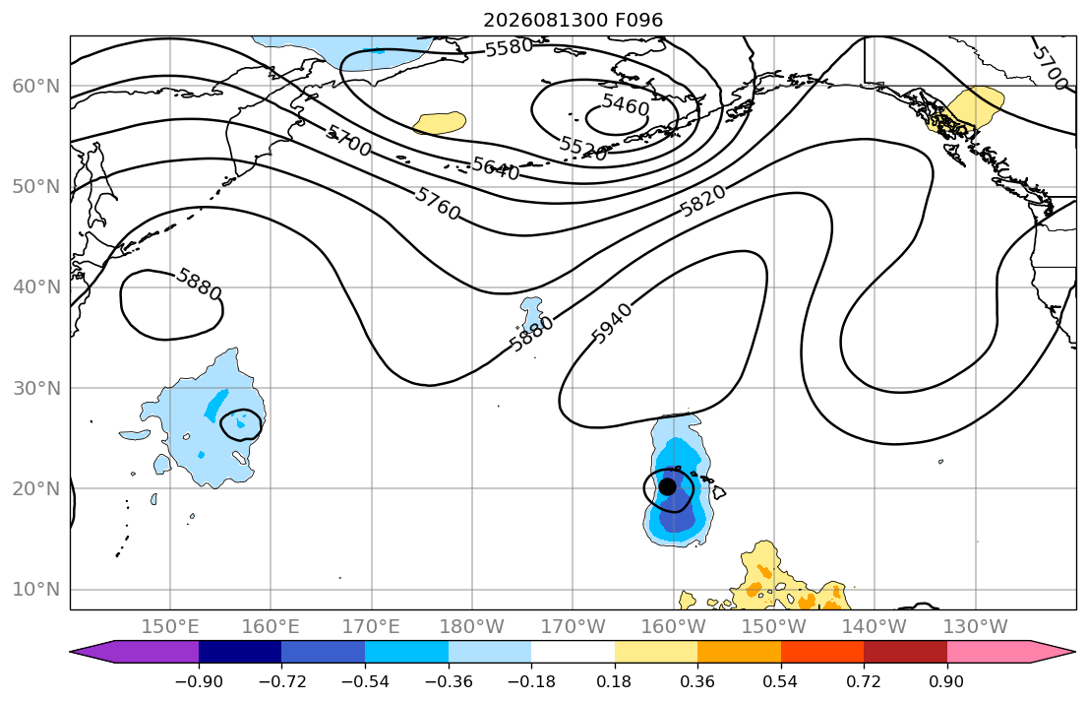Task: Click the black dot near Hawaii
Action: pyautogui.click(x=667, y=486)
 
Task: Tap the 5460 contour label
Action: pyautogui.click(x=626, y=104)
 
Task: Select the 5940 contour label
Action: pyautogui.click(x=612, y=324)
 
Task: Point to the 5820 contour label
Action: pyautogui.click(x=703, y=201)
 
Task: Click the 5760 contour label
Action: pyautogui.click(x=438, y=204)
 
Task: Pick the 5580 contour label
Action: pyautogui.click(x=509, y=48)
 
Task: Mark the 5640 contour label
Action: pyautogui.click(x=495, y=168)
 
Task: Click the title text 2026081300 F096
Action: pyautogui.click(x=573, y=20)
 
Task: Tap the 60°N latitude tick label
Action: pyautogui.click(x=36, y=86)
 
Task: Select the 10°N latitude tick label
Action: pyautogui.click(x=36, y=590)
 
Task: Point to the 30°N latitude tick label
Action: pyautogui.click(x=36, y=388)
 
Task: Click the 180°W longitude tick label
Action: pyautogui.click(x=472, y=627)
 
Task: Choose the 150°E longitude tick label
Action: pyautogui.click(x=170, y=627)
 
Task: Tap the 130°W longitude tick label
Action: pyautogui.click(x=976, y=627)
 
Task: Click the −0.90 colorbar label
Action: pyautogui.click(x=199, y=681)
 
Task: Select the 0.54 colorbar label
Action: pyautogui.click(x=781, y=681)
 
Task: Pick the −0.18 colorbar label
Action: pyautogui.click(x=531, y=681)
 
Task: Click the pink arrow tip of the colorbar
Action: pyautogui.click(x=1074, y=652)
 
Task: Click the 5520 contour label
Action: pyautogui.click(x=583, y=147)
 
